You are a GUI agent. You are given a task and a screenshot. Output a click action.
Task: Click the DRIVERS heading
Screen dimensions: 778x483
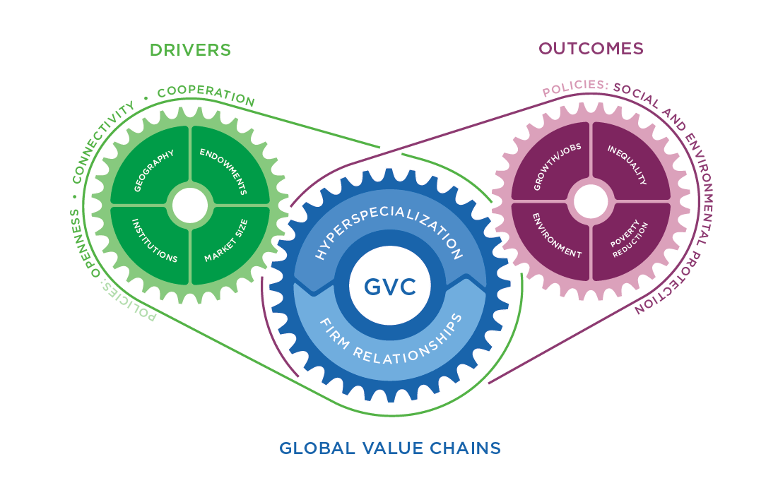click(x=191, y=50)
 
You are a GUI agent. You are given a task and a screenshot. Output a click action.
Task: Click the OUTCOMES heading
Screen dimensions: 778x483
click(x=591, y=49)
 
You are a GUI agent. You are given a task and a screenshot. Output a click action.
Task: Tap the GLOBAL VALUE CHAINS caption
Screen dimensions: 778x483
click(x=390, y=448)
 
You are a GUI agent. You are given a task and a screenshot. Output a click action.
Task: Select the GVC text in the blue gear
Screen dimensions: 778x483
click(x=390, y=287)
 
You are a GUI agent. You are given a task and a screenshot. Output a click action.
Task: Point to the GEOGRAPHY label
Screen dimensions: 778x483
click(x=154, y=171)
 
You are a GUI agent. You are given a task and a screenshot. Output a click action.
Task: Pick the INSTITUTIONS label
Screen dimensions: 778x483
click(x=154, y=241)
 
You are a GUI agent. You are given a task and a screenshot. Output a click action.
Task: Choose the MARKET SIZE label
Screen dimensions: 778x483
click(x=226, y=241)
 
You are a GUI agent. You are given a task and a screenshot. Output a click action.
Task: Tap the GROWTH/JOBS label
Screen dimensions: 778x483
click(x=557, y=167)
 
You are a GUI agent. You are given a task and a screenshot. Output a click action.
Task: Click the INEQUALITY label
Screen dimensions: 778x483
click(x=627, y=165)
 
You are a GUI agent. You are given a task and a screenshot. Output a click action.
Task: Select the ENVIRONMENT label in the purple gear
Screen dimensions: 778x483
click(x=556, y=236)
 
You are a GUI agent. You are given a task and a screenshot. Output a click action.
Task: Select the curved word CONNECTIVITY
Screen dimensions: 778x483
click(x=102, y=142)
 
